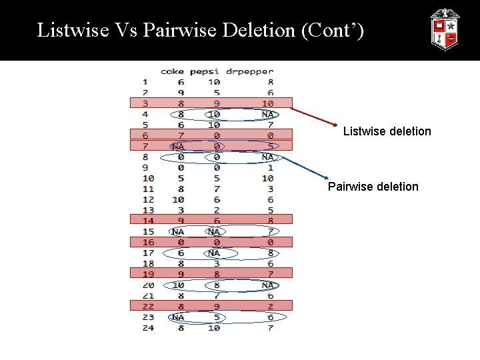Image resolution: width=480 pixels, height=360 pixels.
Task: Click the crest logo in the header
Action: [444, 30]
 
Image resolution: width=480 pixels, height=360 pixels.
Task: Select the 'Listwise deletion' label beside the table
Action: [387, 131]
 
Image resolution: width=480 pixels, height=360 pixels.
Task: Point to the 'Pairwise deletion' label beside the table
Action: [373, 187]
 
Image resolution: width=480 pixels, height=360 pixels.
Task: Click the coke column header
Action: [172, 71]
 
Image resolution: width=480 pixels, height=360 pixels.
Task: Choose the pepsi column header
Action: [205, 71]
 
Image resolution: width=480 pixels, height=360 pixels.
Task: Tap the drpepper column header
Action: [249, 71]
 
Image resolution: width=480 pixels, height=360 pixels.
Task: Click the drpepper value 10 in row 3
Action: [267, 103]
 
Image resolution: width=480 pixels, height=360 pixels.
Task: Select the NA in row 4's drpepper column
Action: [267, 114]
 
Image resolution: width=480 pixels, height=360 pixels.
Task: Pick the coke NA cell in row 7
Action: [178, 146]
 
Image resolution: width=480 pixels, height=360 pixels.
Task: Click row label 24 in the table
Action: [148, 328]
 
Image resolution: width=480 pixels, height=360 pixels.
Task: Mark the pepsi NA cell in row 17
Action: [213, 253]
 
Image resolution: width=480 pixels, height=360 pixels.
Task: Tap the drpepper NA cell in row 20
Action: [267, 285]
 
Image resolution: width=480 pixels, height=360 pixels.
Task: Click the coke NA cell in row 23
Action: [178, 317]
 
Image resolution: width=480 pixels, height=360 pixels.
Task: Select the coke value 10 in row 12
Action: [178, 199]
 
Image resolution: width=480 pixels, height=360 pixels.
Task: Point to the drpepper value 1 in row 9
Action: [270, 167]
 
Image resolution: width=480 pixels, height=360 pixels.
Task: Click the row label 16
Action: [148, 243]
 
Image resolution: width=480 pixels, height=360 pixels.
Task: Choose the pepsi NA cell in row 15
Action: [213, 231]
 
